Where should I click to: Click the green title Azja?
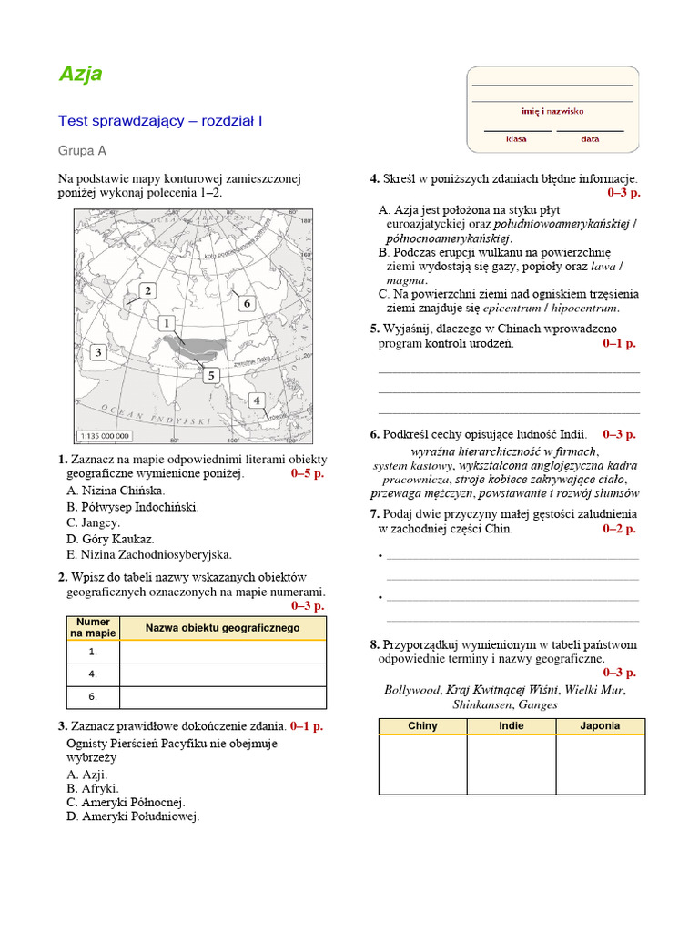click(x=80, y=75)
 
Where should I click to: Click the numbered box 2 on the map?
click(x=147, y=290)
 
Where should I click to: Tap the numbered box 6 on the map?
click(x=246, y=303)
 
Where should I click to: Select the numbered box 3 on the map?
click(x=97, y=351)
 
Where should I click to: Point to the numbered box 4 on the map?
click(x=257, y=400)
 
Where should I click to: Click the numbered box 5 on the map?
click(x=211, y=375)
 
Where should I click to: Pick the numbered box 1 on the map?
click(x=166, y=323)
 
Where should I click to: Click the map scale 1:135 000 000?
click(x=105, y=435)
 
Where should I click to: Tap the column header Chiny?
click(x=422, y=726)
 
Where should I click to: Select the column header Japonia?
click(x=600, y=726)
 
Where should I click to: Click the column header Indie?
click(x=512, y=726)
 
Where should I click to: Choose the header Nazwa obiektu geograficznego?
click(x=222, y=628)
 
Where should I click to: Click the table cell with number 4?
click(x=93, y=674)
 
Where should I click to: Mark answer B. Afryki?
click(x=93, y=788)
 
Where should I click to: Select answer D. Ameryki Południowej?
click(x=133, y=816)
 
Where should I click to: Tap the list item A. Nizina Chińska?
click(x=116, y=491)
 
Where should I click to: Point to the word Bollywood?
click(x=411, y=690)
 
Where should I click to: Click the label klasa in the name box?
click(x=516, y=139)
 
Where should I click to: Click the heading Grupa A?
click(x=82, y=151)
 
